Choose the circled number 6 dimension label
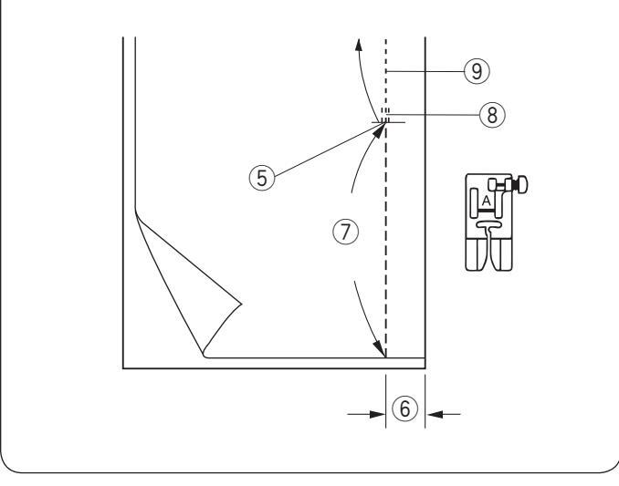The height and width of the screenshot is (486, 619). tap(405, 414)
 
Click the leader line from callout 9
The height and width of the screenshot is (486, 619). tap(429, 69)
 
